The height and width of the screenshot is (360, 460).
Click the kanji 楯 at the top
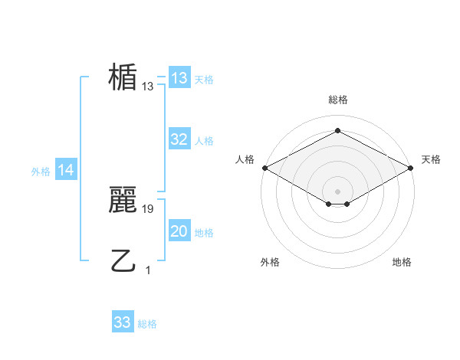tap(123, 77)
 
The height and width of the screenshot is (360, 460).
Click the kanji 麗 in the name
tap(123, 200)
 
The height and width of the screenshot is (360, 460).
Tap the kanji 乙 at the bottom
tap(123, 260)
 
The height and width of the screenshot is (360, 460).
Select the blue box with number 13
tap(179, 78)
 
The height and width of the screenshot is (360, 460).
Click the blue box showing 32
tap(179, 139)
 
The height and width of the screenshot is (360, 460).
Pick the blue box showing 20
tap(179, 231)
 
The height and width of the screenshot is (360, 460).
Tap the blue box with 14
tap(66, 171)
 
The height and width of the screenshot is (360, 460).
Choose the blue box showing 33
tap(123, 322)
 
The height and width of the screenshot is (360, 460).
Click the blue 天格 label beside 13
tap(204, 80)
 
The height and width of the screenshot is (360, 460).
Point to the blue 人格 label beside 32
tap(204, 141)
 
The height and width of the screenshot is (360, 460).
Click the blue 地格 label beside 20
tap(204, 233)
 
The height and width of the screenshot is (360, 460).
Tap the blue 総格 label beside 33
tap(147, 324)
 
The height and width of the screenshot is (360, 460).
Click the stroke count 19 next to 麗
tap(148, 208)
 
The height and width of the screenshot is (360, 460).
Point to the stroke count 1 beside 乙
tap(148, 270)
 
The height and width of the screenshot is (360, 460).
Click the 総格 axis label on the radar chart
tap(337, 100)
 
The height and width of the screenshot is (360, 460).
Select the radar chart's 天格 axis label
tap(432, 159)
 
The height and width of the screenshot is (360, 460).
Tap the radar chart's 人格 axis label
tap(245, 159)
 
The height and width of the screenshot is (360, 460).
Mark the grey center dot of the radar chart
tap(337, 191)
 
